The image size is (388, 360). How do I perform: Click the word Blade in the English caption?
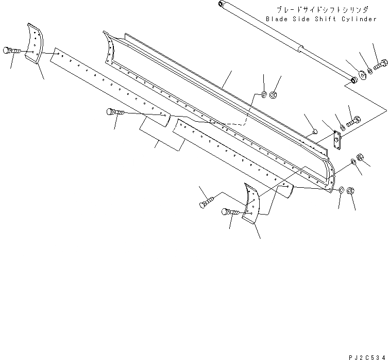pyautogui.click(x=278, y=19)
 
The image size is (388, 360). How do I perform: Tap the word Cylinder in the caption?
pyautogui.click(x=358, y=19)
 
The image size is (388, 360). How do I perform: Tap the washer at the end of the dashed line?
pyautogui.click(x=264, y=94)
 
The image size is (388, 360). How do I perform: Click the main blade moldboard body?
pyautogui.click(x=216, y=98)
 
